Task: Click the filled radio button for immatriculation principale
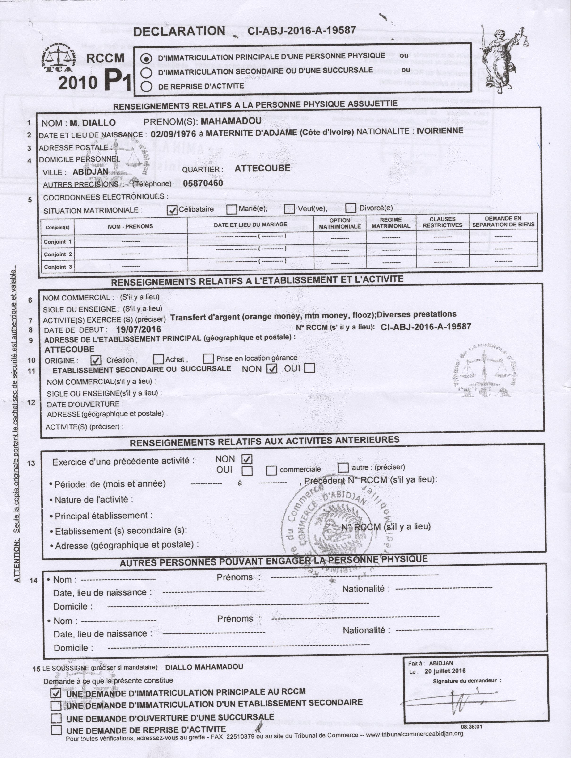[x=146, y=58]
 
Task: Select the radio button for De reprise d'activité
[x=146, y=86]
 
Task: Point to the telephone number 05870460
[x=203, y=183]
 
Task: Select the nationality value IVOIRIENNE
[x=440, y=131]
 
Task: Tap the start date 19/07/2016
[x=139, y=329]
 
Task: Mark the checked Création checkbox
[x=96, y=360]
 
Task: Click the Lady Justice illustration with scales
[x=504, y=58]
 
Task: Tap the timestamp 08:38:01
[x=472, y=726]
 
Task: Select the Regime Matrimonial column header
[x=391, y=223]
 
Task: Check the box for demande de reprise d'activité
[x=56, y=730]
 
